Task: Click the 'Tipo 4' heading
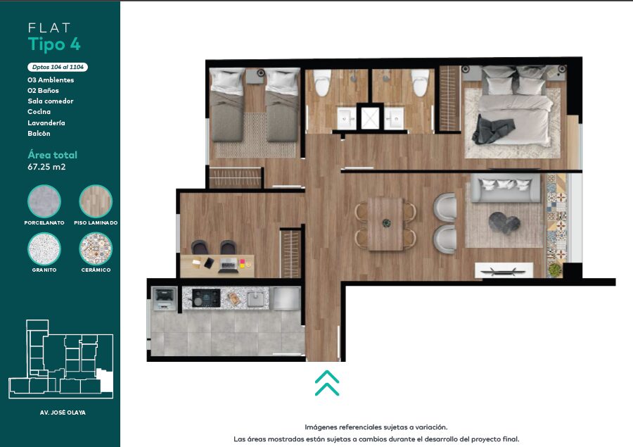pyautogui.click(x=54, y=44)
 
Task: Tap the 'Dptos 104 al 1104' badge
pyautogui.click(x=58, y=67)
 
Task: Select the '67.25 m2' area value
pyautogui.click(x=46, y=167)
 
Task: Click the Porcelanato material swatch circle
pyautogui.click(x=44, y=201)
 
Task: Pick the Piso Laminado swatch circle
pyautogui.click(x=96, y=201)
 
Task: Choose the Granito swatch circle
pyautogui.click(x=44, y=248)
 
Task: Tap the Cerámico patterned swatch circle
pyautogui.click(x=96, y=248)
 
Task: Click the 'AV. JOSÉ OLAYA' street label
pyautogui.click(x=63, y=413)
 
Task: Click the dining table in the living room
pyautogui.click(x=386, y=223)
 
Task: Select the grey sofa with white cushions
pyautogui.click(x=505, y=187)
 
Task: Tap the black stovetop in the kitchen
pyautogui.click(x=206, y=298)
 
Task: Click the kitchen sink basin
pyautogui.click(x=255, y=299)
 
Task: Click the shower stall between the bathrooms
pyautogui.click(x=370, y=118)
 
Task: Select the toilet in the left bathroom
pyautogui.click(x=322, y=83)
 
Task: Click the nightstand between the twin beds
pyautogui.click(x=255, y=76)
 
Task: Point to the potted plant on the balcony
pyautogui.click(x=555, y=270)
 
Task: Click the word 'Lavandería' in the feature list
pyautogui.click(x=46, y=122)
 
